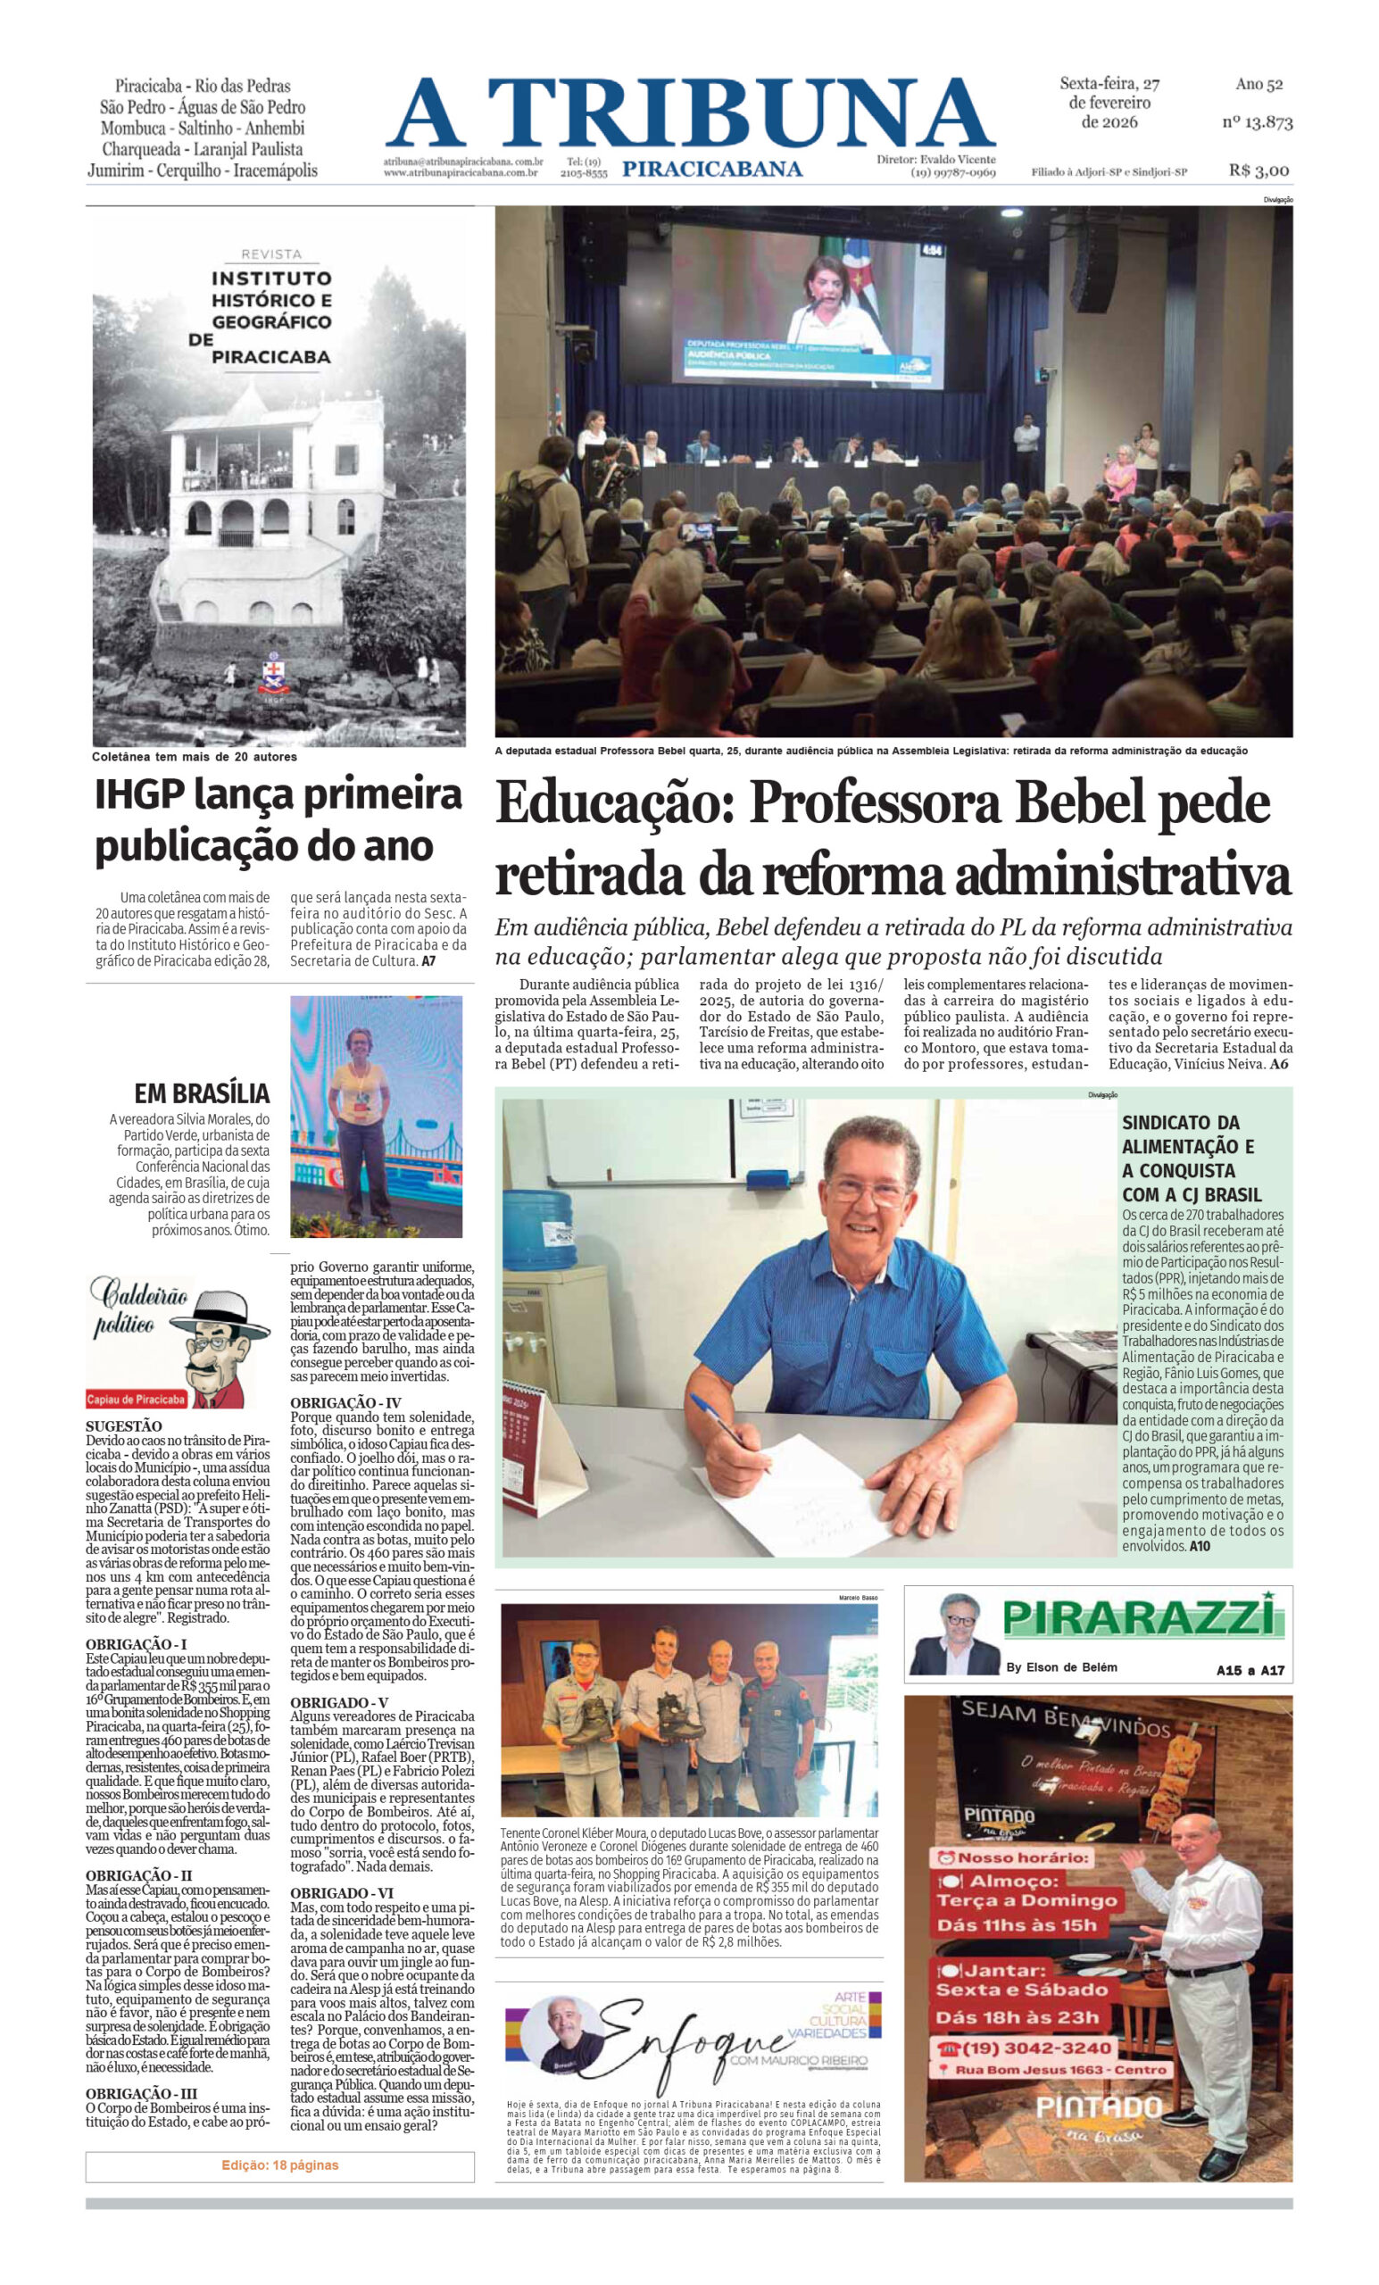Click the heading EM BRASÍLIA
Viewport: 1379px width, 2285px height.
point(201,1093)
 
